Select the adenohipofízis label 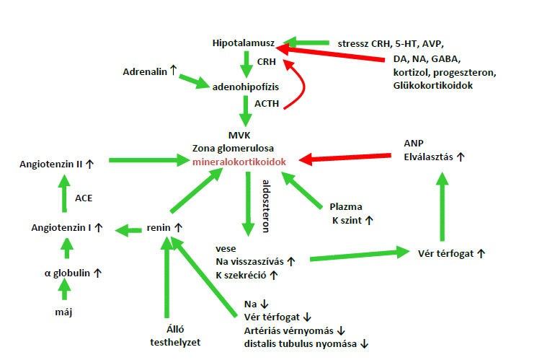(245, 87)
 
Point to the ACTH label (266, 104)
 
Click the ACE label (84, 197)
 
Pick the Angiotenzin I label (63, 228)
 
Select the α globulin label (68, 273)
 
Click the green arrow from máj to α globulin (64, 291)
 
